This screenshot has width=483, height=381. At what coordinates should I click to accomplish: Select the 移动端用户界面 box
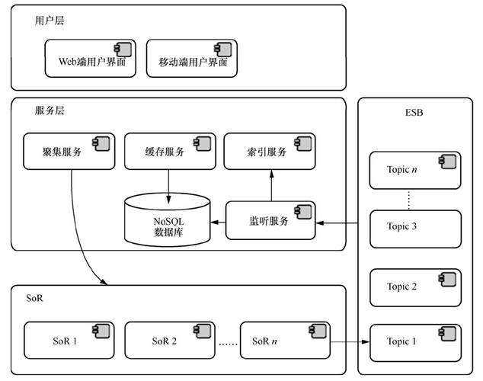[x=191, y=59]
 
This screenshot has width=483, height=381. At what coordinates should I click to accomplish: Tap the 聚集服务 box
[x=69, y=150]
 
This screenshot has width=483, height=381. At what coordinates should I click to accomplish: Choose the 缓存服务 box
[x=168, y=150]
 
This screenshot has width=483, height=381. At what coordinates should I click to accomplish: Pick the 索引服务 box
[x=269, y=150]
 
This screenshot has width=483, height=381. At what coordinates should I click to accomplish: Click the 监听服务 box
[x=270, y=220]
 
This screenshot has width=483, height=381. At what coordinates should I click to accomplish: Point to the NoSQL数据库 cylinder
[x=166, y=220]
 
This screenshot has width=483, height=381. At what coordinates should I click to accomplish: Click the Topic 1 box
[x=415, y=343]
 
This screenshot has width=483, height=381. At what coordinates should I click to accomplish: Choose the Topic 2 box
[x=415, y=287]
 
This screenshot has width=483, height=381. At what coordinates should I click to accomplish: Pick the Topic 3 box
[x=415, y=227]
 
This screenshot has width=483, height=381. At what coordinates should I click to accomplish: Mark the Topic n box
[x=415, y=170]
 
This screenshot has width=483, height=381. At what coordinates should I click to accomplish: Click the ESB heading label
[x=415, y=114]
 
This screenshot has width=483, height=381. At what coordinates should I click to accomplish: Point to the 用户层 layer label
[x=50, y=21]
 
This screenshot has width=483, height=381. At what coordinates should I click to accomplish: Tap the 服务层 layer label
[x=50, y=110]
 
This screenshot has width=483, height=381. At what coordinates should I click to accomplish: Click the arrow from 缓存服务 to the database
[x=168, y=183]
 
